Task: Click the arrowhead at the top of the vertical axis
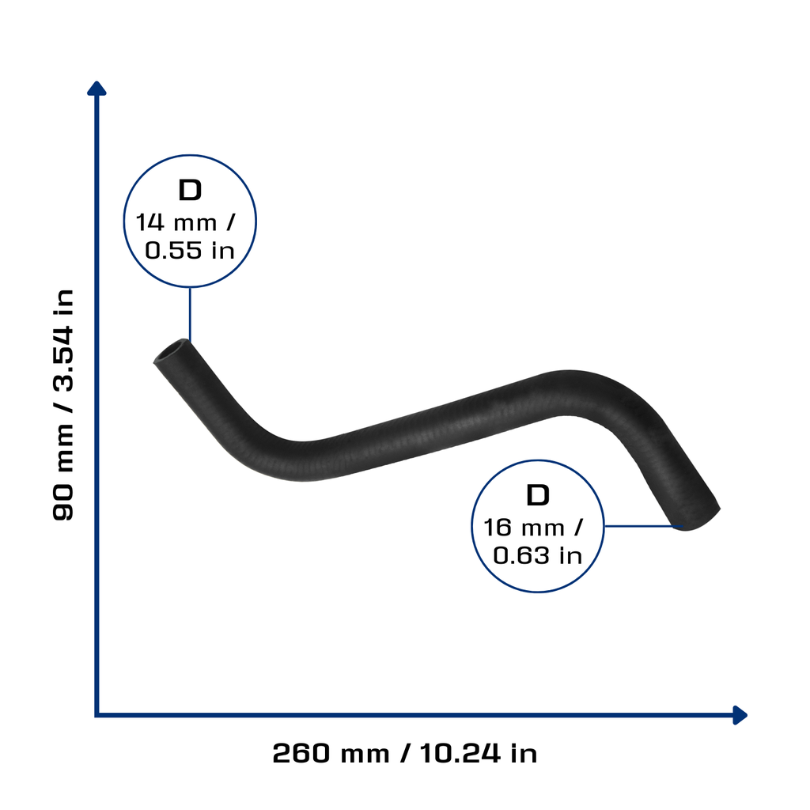click(97, 89)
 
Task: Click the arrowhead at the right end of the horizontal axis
click(740, 715)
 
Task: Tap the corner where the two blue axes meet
click(97, 715)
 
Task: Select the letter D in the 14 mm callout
click(190, 190)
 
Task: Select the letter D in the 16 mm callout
click(537, 495)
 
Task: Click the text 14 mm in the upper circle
click(176, 222)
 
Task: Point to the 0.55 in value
click(190, 251)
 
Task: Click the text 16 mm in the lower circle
click(524, 528)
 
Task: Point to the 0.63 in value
click(537, 556)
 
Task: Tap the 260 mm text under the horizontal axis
click(331, 753)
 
